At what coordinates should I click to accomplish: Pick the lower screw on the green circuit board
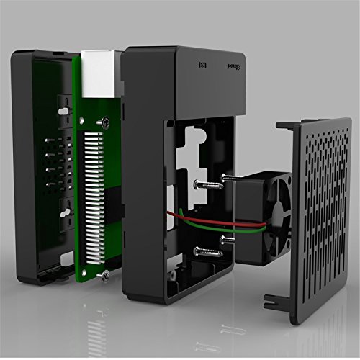[105, 274]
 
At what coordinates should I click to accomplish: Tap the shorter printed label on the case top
[203, 66]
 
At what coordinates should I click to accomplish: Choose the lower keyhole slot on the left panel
[65, 213]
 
